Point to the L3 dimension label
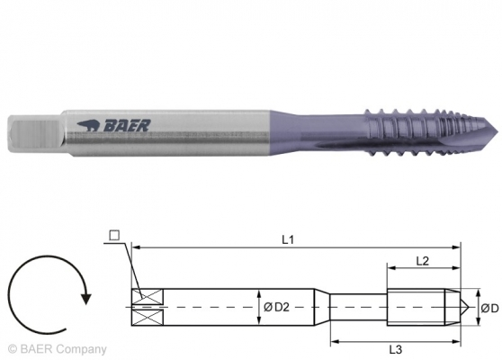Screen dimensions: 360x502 point(393,347)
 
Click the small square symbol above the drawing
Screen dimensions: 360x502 point(113,236)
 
